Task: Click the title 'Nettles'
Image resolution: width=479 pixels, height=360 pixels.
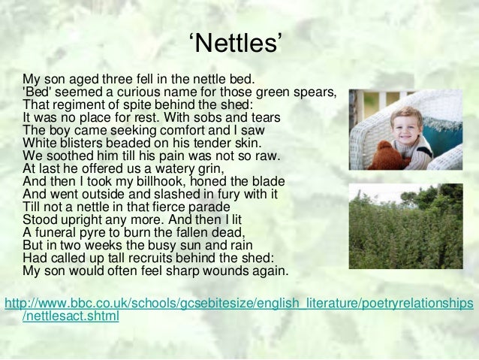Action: coord(238,47)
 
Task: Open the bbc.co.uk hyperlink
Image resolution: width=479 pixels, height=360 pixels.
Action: coord(239,304)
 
